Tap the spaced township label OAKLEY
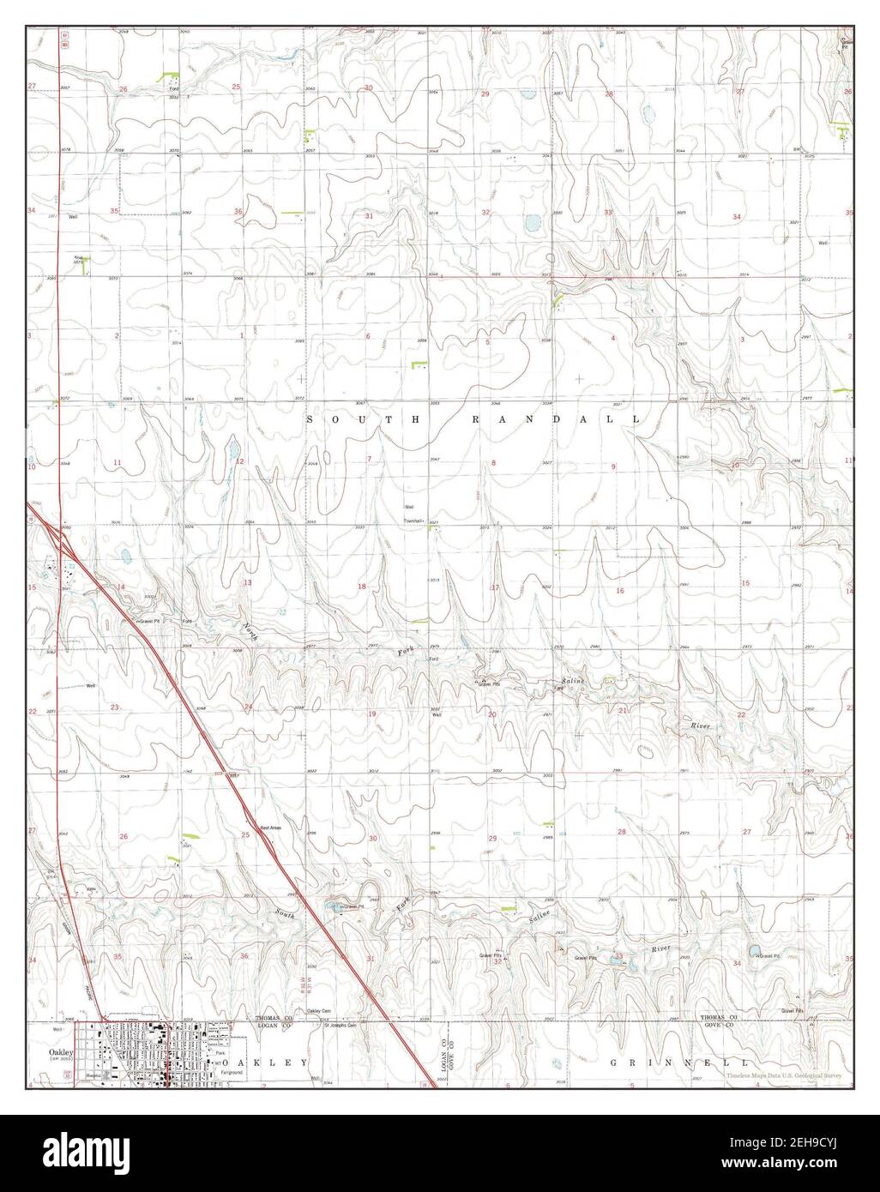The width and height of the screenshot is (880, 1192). (270, 1063)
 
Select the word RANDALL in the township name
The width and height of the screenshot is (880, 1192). (554, 420)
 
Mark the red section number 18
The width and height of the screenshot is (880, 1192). (362, 587)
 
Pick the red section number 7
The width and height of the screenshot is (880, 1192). (369, 460)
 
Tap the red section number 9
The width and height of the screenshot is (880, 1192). (613, 466)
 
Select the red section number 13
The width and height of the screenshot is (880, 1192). (247, 583)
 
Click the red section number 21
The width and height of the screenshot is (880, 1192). (624, 711)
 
